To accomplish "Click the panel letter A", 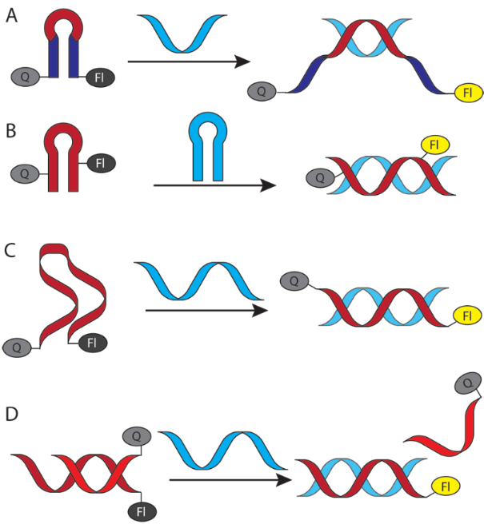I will click(x=11, y=16).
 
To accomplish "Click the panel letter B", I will click(x=11, y=130).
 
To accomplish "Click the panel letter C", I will click(x=11, y=249).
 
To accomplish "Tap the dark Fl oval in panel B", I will click(x=100, y=165).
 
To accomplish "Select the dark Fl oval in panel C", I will click(x=92, y=343).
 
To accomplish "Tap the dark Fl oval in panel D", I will click(x=142, y=510).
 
